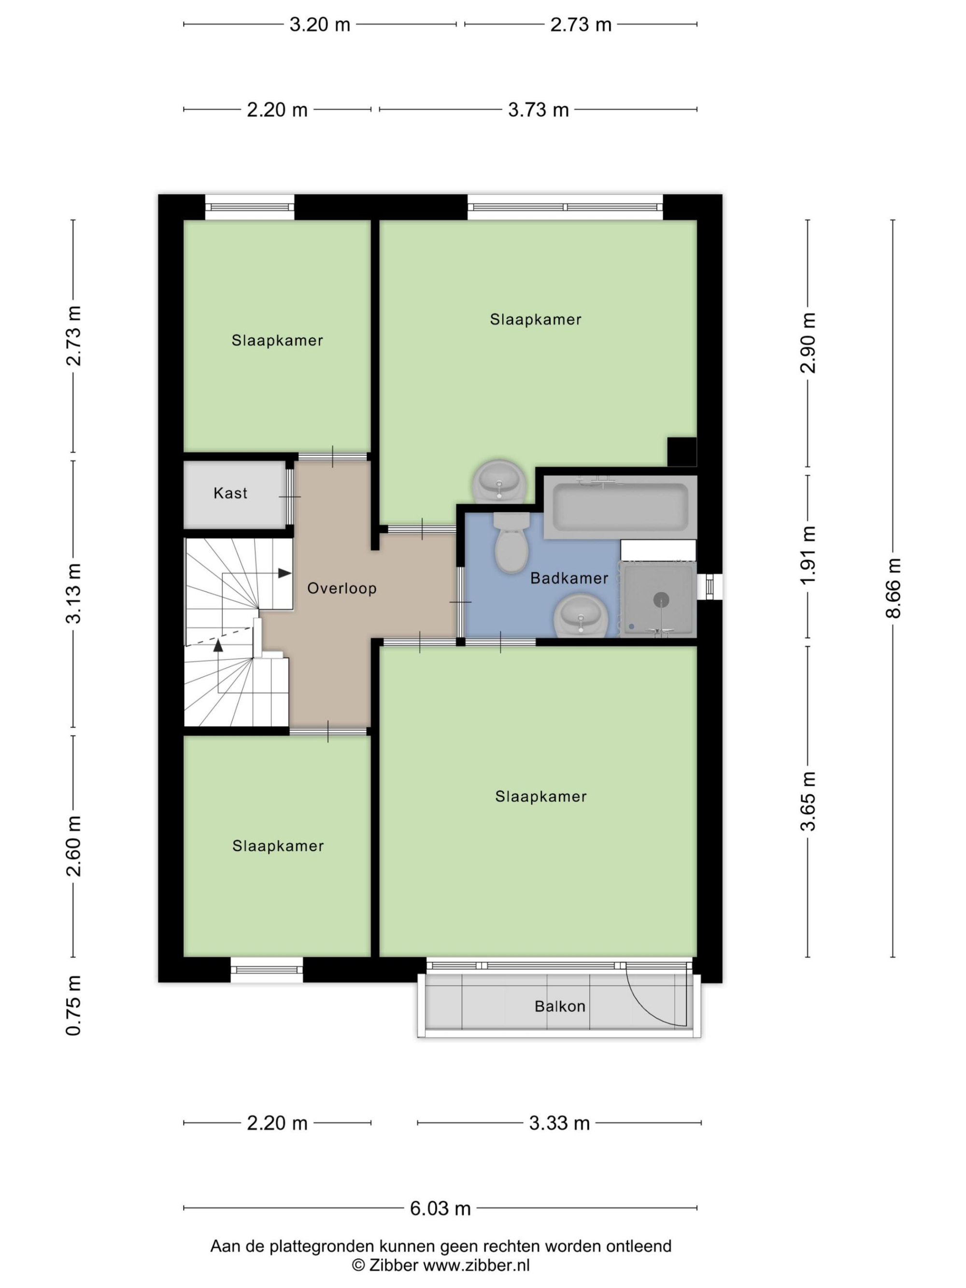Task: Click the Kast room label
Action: click(230, 493)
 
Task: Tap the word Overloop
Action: click(342, 589)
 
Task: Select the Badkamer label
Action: click(569, 578)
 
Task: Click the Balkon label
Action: click(560, 1006)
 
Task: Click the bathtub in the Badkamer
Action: click(620, 507)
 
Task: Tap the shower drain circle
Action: click(661, 599)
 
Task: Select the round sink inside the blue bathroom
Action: click(581, 615)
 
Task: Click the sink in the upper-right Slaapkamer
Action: click(499, 481)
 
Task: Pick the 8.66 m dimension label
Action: click(893, 588)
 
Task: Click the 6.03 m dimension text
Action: click(440, 1208)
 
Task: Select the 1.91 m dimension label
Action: click(808, 555)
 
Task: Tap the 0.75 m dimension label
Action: click(73, 1005)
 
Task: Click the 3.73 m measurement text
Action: click(538, 110)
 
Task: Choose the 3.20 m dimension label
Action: click(320, 25)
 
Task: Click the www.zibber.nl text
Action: click(476, 1265)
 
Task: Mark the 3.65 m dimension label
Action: click(808, 801)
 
